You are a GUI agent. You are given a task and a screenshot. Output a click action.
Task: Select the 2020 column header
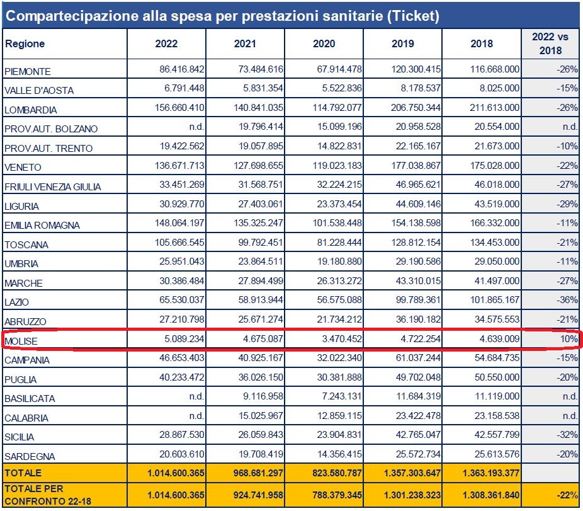pos(324,44)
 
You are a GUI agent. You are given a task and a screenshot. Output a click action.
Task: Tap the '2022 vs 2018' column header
pos(550,44)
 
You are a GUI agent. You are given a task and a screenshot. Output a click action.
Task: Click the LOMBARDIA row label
pos(31,110)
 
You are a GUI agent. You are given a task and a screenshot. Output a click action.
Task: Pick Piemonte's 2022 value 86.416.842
pos(178,71)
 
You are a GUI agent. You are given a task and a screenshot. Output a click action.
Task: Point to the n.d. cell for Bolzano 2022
pos(196,129)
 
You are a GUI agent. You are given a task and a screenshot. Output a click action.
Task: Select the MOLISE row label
pos(21,342)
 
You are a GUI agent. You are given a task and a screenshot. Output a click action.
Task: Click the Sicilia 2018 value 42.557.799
pos(492,437)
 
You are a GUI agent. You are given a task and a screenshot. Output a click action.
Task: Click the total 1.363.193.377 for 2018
pos(482,472)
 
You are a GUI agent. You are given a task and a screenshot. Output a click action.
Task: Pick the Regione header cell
pos(25,44)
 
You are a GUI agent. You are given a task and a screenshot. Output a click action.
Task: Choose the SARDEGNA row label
pos(30,457)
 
